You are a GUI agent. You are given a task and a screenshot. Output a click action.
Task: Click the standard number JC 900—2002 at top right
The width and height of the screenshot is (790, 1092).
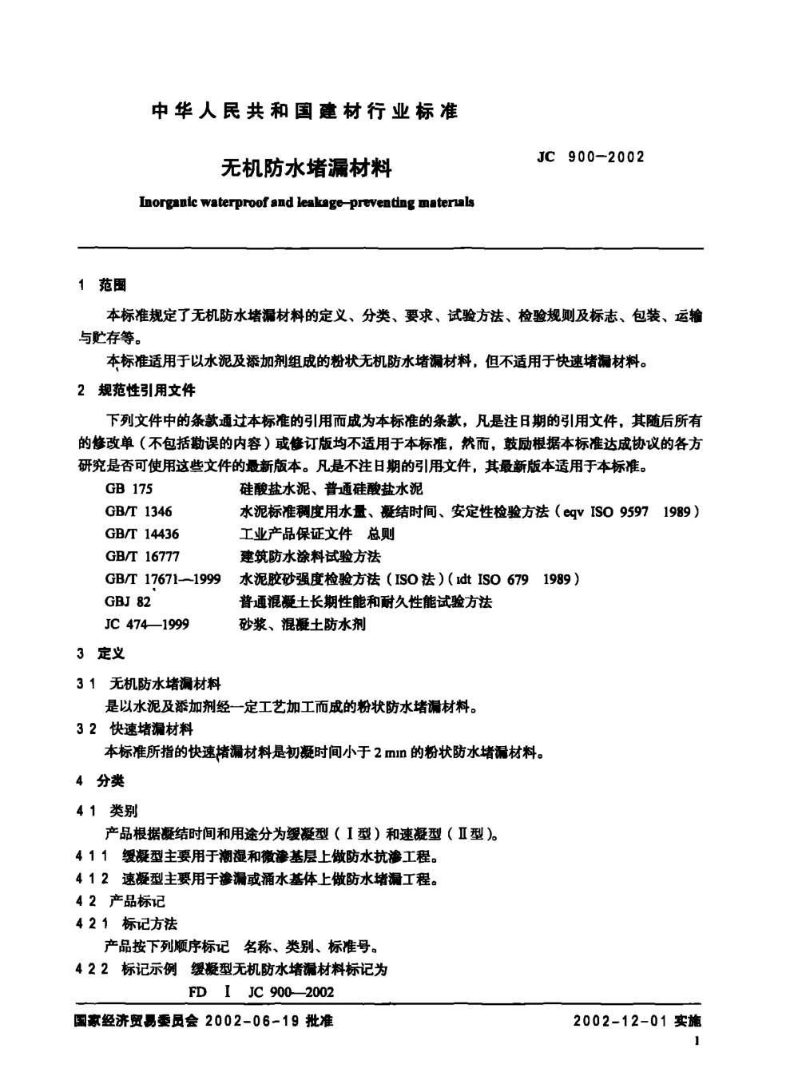coord(591,157)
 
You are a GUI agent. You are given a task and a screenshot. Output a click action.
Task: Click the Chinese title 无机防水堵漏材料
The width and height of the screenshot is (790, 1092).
coord(306,169)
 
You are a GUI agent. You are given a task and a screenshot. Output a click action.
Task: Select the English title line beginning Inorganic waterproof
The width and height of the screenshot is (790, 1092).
coord(306,203)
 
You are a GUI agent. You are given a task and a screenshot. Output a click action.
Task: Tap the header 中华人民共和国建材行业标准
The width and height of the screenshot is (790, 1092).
coord(304,112)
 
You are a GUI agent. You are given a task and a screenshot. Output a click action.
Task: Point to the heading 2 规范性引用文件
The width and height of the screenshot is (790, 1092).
coord(137,391)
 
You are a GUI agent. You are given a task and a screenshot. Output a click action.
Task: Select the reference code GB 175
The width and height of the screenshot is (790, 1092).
coord(129,489)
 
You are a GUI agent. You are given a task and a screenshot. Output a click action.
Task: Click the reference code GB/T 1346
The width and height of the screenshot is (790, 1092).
coord(138,511)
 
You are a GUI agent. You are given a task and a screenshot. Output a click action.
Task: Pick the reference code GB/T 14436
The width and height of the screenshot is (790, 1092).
coord(142,534)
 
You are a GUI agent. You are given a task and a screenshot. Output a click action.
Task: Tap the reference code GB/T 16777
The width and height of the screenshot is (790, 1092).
coord(142,557)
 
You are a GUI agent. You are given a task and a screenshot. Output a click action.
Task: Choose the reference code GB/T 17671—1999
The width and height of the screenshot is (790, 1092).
coord(163,579)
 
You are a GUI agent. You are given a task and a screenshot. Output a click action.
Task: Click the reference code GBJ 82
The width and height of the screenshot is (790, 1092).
coord(128,602)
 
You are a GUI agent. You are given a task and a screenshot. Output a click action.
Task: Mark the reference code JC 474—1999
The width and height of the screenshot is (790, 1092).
coord(147,625)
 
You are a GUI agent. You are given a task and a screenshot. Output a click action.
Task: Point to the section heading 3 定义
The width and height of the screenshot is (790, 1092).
coord(101,654)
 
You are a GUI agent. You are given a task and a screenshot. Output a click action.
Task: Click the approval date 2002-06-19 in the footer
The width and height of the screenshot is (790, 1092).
coord(257,1021)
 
